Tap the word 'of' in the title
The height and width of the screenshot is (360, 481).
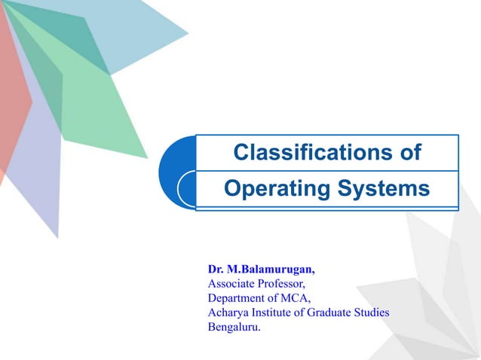(407, 153)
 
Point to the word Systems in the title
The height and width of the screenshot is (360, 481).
(386, 188)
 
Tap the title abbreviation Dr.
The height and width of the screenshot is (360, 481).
(216, 270)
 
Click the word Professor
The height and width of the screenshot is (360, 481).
(282, 284)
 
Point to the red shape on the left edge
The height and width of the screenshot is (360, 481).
(11, 98)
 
